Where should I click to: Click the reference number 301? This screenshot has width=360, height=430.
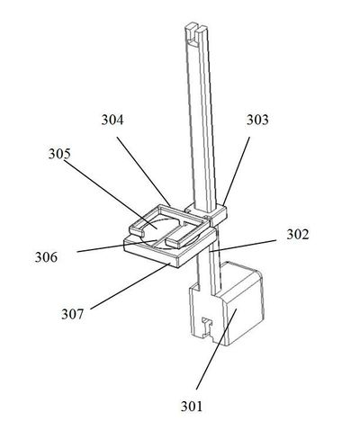tap(192, 407)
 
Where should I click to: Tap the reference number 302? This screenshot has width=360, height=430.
tap(297, 234)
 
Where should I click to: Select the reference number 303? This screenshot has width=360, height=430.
tap(257, 120)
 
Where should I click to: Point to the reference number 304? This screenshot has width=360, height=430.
tap(112, 120)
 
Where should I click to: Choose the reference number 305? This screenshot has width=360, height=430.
tap(59, 154)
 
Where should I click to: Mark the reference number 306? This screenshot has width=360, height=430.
tap(46, 257)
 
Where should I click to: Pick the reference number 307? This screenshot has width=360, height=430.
tap(72, 314)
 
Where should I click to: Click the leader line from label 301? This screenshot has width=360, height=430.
tap(216, 350)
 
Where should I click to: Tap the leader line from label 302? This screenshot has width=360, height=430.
tap(242, 246)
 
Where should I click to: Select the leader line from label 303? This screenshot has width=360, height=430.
tap(236, 172)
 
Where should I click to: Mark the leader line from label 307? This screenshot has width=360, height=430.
tap(130, 286)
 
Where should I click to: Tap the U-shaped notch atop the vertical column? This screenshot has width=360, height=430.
tap(195, 36)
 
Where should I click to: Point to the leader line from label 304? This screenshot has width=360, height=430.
tap(144, 172)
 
